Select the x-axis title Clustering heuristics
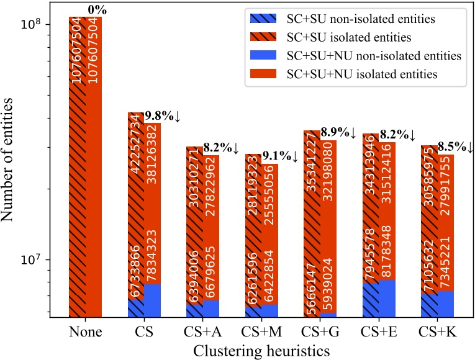pos(261,351)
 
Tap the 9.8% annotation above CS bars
pos(162,116)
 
